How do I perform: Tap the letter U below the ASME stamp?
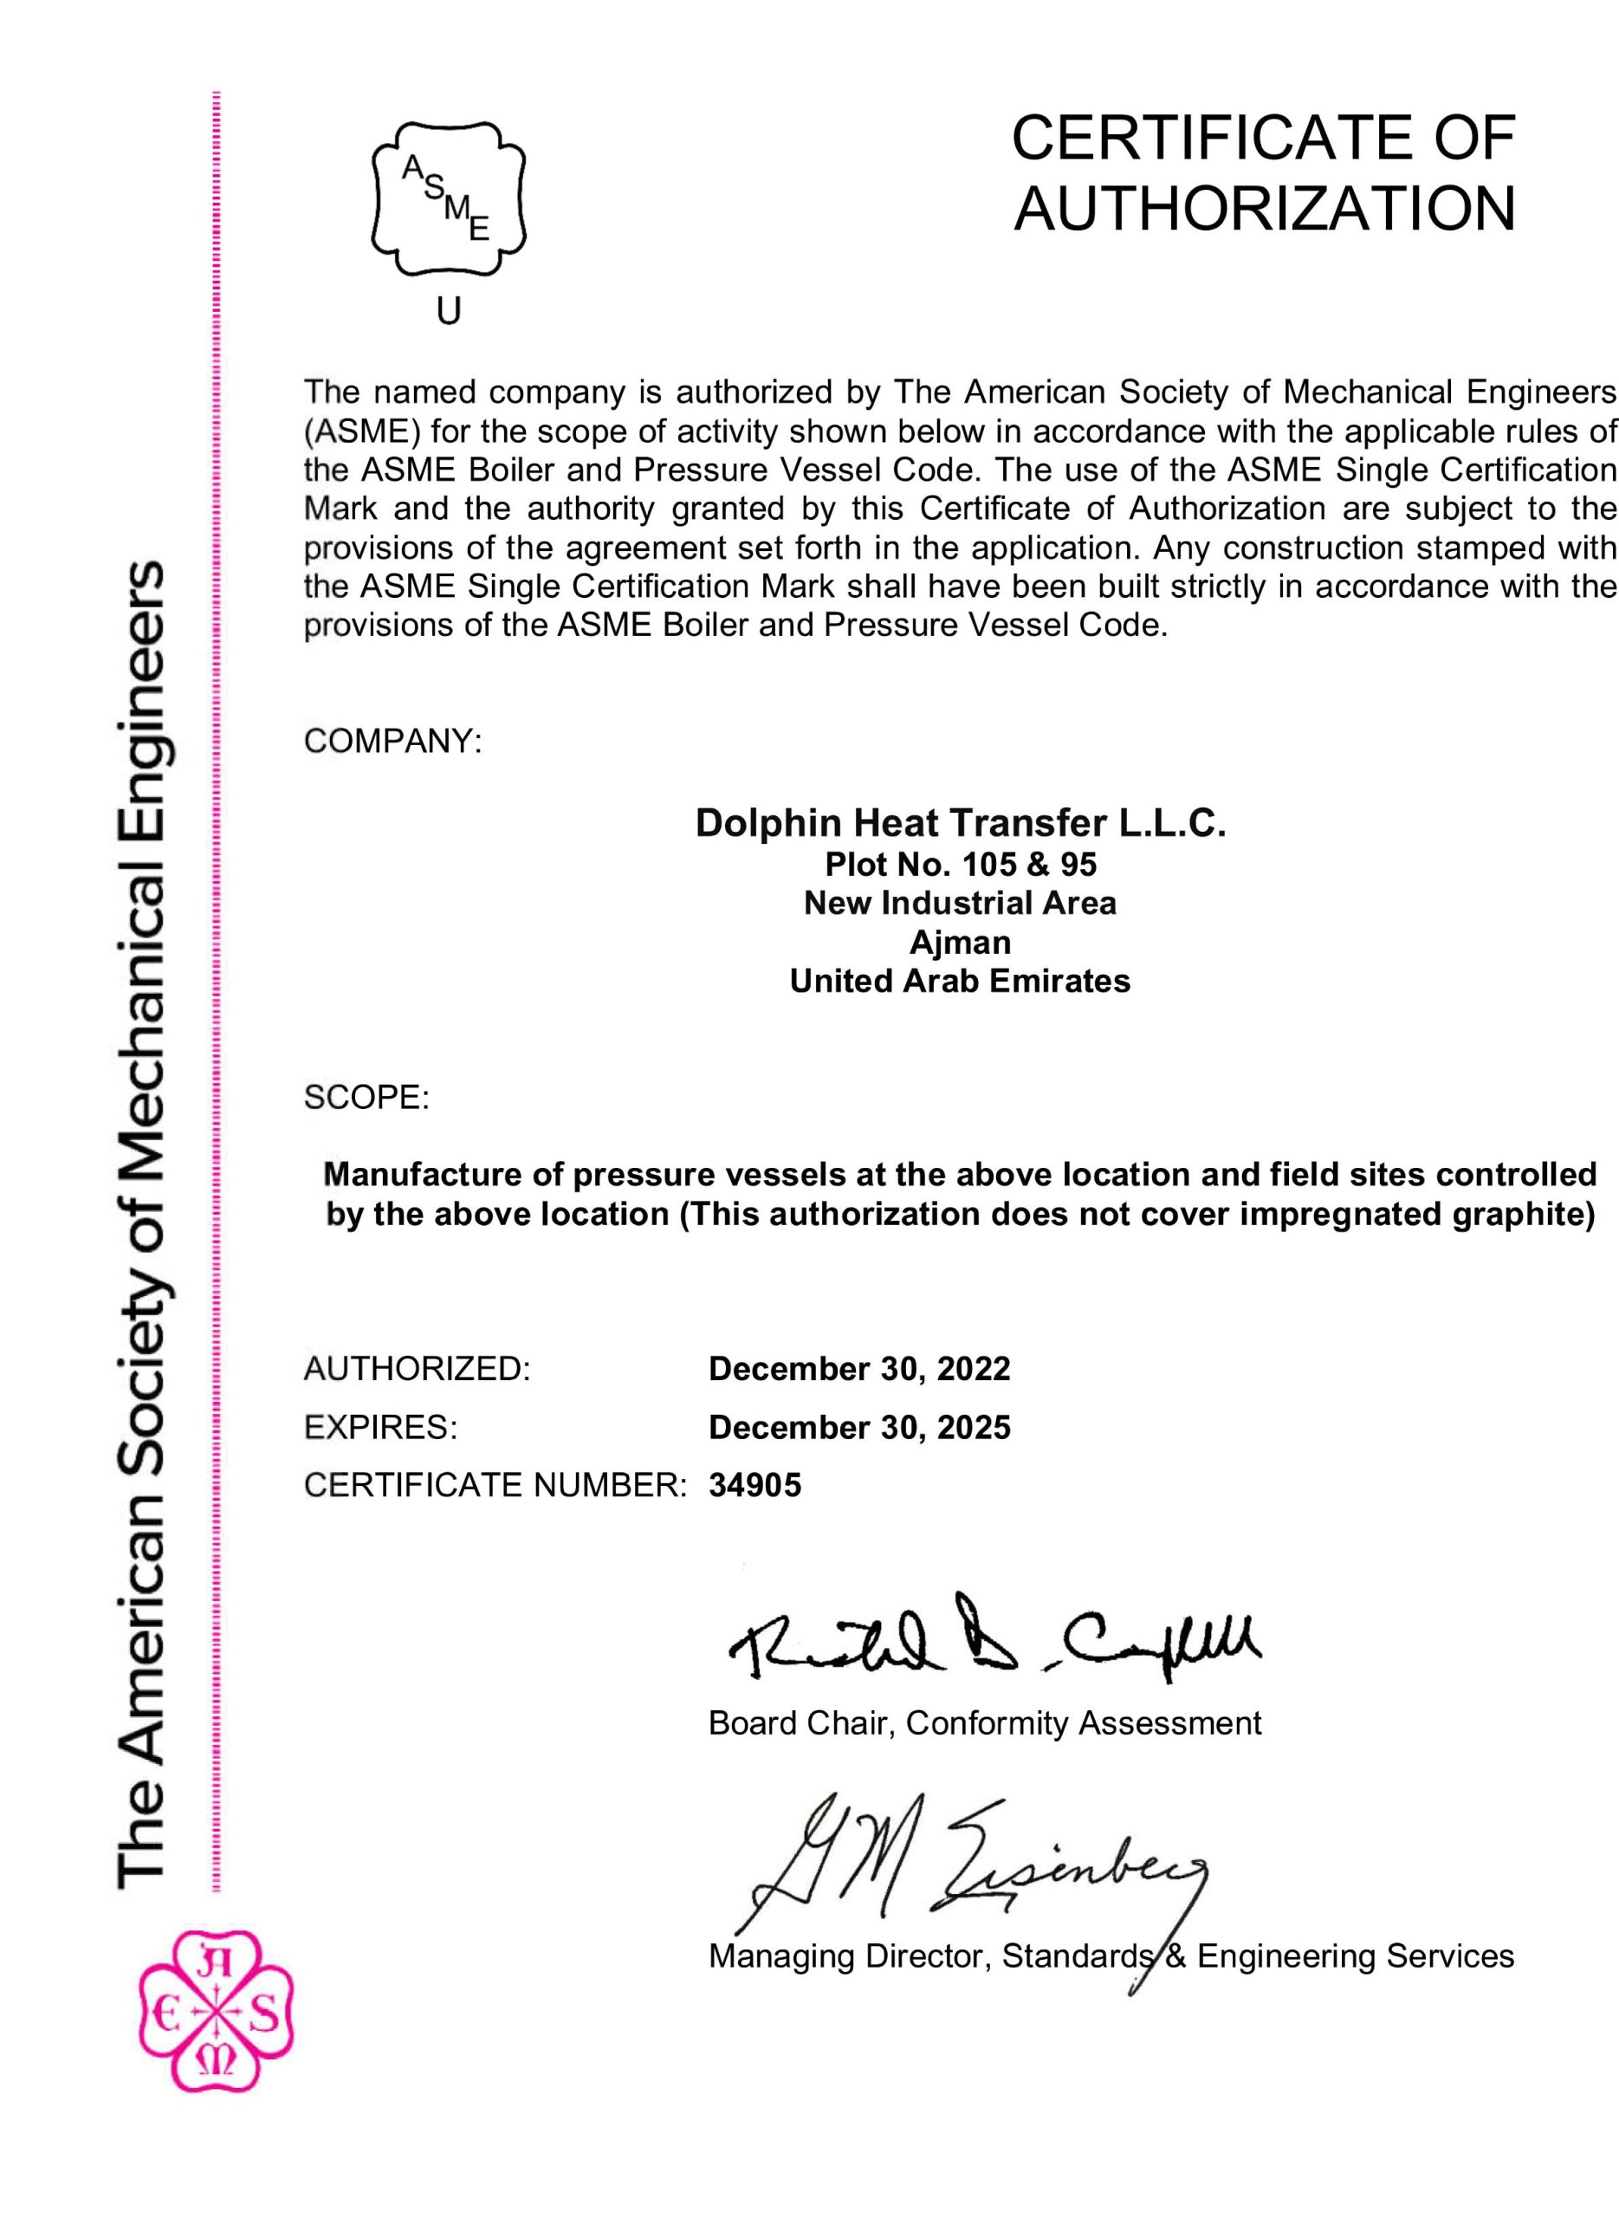tap(448, 312)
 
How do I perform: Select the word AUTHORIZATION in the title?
tap(1264, 209)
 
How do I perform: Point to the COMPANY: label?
tap(392, 742)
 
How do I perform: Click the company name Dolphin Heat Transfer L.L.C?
tap(960, 823)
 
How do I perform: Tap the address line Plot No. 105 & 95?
tap(960, 865)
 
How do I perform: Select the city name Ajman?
tap(960, 942)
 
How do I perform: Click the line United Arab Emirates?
tap(960, 981)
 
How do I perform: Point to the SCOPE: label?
tap(366, 1098)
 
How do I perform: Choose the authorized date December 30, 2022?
tap(858, 1368)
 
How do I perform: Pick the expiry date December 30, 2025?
tap(858, 1427)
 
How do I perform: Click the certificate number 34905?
tap(754, 1486)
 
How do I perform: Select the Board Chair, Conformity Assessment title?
tap(984, 1723)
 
